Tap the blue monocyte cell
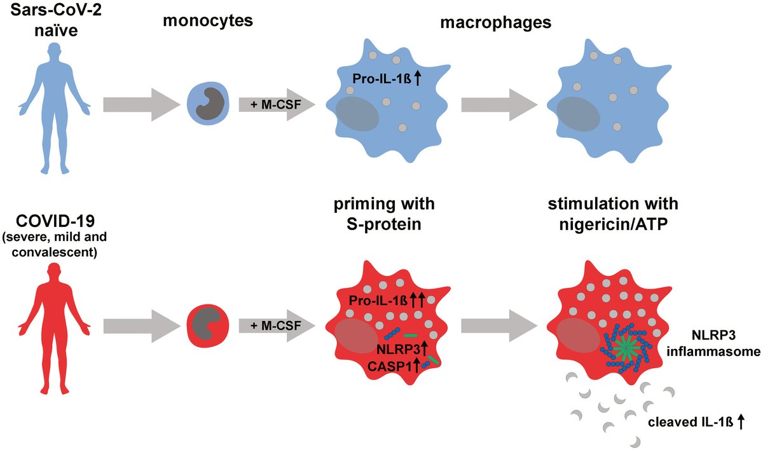point(207,104)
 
